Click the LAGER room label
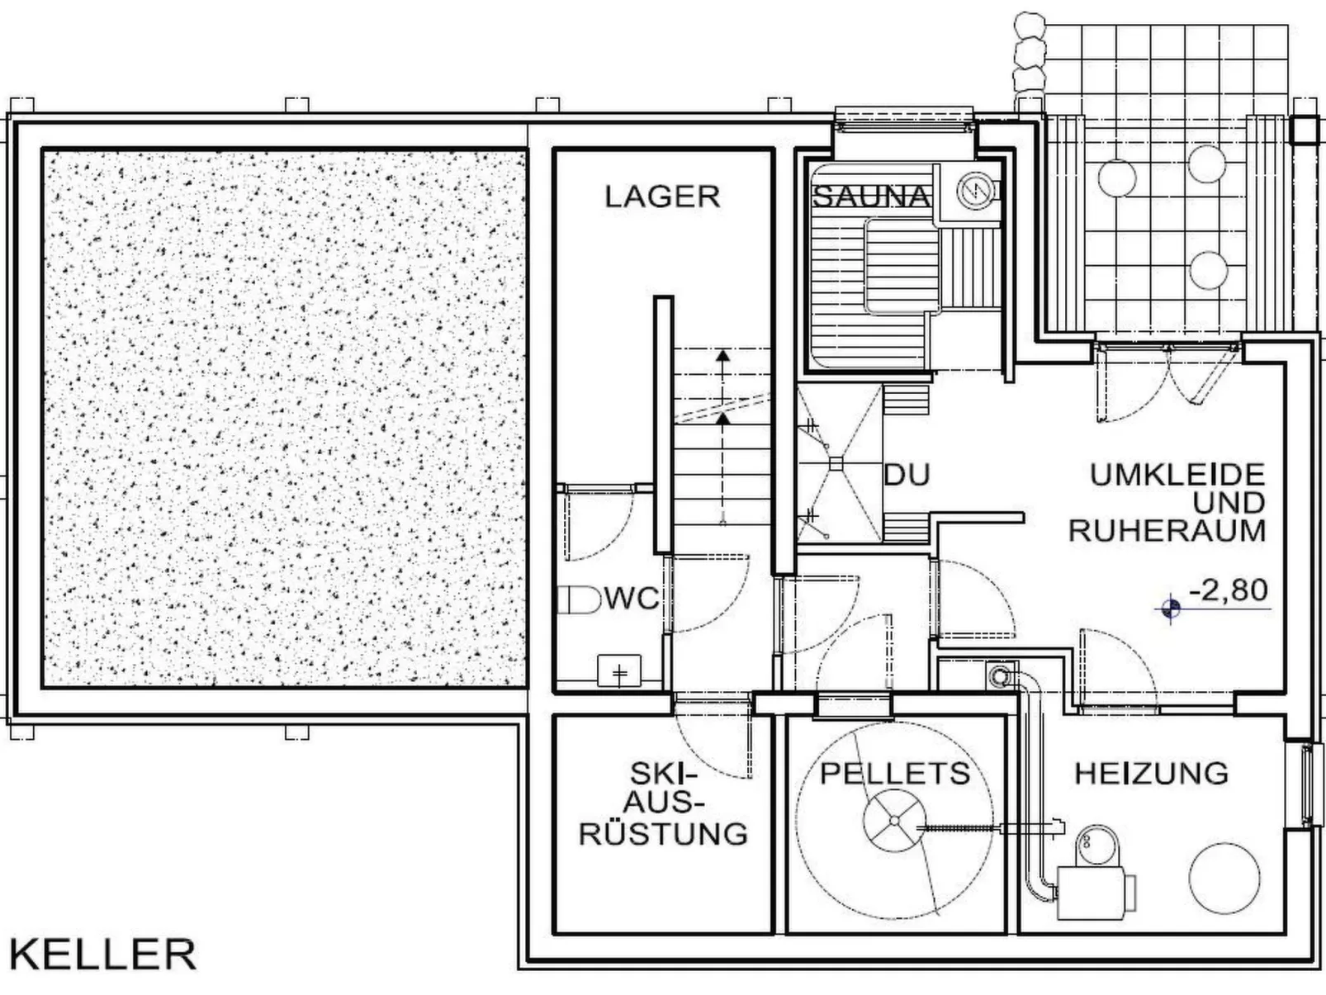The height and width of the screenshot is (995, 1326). (662, 197)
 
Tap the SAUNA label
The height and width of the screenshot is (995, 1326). (871, 197)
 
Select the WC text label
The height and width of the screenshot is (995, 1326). (632, 598)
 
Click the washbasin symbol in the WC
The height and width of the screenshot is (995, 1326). (619, 670)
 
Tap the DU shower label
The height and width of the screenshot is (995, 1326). (907, 475)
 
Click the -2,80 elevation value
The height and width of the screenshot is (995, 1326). (1228, 590)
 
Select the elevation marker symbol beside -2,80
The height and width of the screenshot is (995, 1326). (1170, 609)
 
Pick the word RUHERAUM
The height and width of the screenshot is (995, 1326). (1167, 531)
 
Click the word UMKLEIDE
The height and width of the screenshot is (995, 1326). (1177, 475)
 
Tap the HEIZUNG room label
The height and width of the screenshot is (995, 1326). (1151, 774)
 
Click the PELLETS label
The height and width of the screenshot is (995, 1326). (895, 774)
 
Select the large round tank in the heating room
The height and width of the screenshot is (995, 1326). (1224, 878)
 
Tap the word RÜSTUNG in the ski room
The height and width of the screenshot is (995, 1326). (663, 833)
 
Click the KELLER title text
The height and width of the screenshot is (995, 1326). (103, 955)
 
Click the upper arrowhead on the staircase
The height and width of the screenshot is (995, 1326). (722, 357)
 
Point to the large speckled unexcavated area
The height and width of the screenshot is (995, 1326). (285, 417)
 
